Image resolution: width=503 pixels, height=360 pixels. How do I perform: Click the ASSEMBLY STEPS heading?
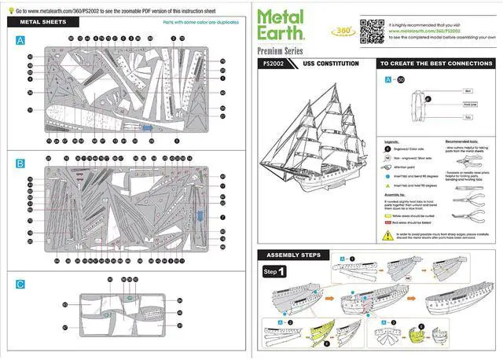(x=295, y=255)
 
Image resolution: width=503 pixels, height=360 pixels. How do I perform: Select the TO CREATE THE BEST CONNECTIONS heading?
(x=435, y=64)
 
